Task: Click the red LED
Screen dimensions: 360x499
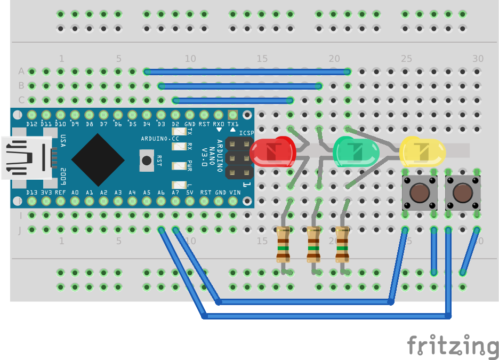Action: pyautogui.click(x=273, y=151)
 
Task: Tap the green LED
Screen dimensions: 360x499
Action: pyautogui.click(x=356, y=151)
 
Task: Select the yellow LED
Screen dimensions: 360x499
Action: pyautogui.click(x=422, y=151)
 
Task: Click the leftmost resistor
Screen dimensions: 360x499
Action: pyautogui.click(x=283, y=245)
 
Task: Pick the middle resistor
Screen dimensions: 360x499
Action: pyautogui.click(x=313, y=245)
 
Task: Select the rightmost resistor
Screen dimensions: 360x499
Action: pyautogui.click(x=342, y=245)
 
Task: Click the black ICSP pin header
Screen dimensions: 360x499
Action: pyautogui.click(x=239, y=158)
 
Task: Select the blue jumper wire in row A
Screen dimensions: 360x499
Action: pyautogui.click(x=247, y=71)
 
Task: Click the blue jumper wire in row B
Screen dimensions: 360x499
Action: pyautogui.click(x=240, y=85)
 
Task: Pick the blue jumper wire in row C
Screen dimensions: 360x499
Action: pyautogui.click(x=233, y=100)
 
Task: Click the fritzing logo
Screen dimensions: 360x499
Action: pyautogui.click(x=453, y=345)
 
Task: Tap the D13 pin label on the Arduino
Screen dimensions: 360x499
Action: pyautogui.click(x=31, y=192)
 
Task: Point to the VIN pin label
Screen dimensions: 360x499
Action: pyautogui.click(x=235, y=192)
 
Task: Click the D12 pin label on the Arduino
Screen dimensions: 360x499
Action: pyautogui.click(x=31, y=124)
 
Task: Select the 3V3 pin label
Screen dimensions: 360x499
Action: pyautogui.click(x=46, y=192)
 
